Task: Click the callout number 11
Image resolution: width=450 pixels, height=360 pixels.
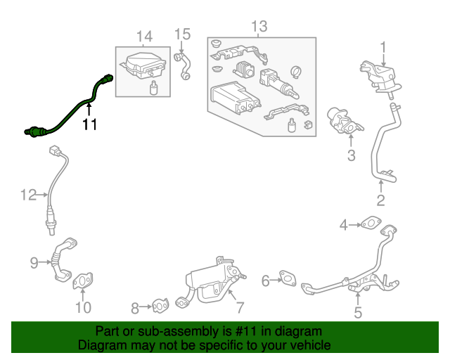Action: [x=89, y=124]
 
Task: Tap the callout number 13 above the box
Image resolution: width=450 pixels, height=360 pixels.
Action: [x=259, y=26]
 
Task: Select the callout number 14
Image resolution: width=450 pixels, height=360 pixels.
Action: [x=144, y=37]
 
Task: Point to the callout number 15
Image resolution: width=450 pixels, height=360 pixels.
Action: [x=183, y=34]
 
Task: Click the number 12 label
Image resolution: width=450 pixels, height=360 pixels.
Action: [x=29, y=195]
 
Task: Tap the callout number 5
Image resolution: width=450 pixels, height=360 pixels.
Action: [x=358, y=313]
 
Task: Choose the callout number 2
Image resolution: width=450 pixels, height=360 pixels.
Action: [x=380, y=200]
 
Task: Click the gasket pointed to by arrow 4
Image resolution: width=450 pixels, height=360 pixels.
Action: [x=372, y=223]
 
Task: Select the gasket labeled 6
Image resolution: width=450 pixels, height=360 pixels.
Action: [x=288, y=278]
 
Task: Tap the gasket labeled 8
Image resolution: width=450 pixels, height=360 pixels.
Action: [x=160, y=305]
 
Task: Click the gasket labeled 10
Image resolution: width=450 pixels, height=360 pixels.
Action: [x=83, y=281]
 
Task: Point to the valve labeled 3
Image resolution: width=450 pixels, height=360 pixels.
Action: [x=345, y=121]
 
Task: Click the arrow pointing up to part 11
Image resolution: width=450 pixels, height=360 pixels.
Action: [x=89, y=110]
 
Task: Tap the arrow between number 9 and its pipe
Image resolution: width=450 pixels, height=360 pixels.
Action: [x=45, y=262]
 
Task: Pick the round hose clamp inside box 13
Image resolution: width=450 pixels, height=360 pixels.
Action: [x=296, y=72]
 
